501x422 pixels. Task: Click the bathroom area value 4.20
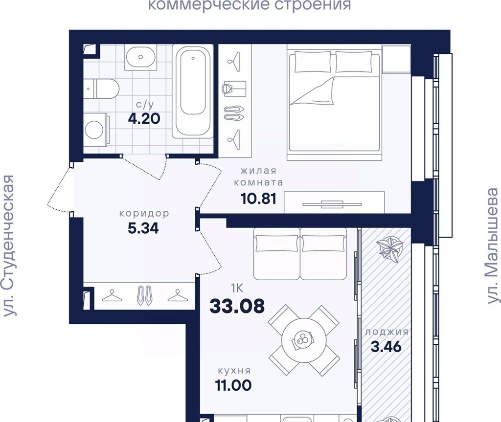pyautogui.click(x=144, y=119)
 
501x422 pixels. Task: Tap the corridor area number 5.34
pyautogui.click(x=143, y=228)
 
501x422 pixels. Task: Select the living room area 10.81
pyautogui.click(x=258, y=199)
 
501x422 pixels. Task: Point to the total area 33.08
pyautogui.click(x=237, y=306)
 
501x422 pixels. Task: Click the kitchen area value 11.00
pyautogui.click(x=233, y=385)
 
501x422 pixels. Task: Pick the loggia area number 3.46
pyautogui.click(x=386, y=347)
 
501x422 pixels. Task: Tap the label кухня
pyautogui.click(x=234, y=371)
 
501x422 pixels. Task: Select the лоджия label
pyautogui.click(x=387, y=332)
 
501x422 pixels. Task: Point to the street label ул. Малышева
pyautogui.click(x=493, y=245)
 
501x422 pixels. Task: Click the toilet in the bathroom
pyautogui.click(x=102, y=89)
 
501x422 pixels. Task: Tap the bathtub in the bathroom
pyautogui.click(x=193, y=91)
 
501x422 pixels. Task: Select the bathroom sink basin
pyautogui.click(x=140, y=57)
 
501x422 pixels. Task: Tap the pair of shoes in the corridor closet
pyautogui.click(x=144, y=295)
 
